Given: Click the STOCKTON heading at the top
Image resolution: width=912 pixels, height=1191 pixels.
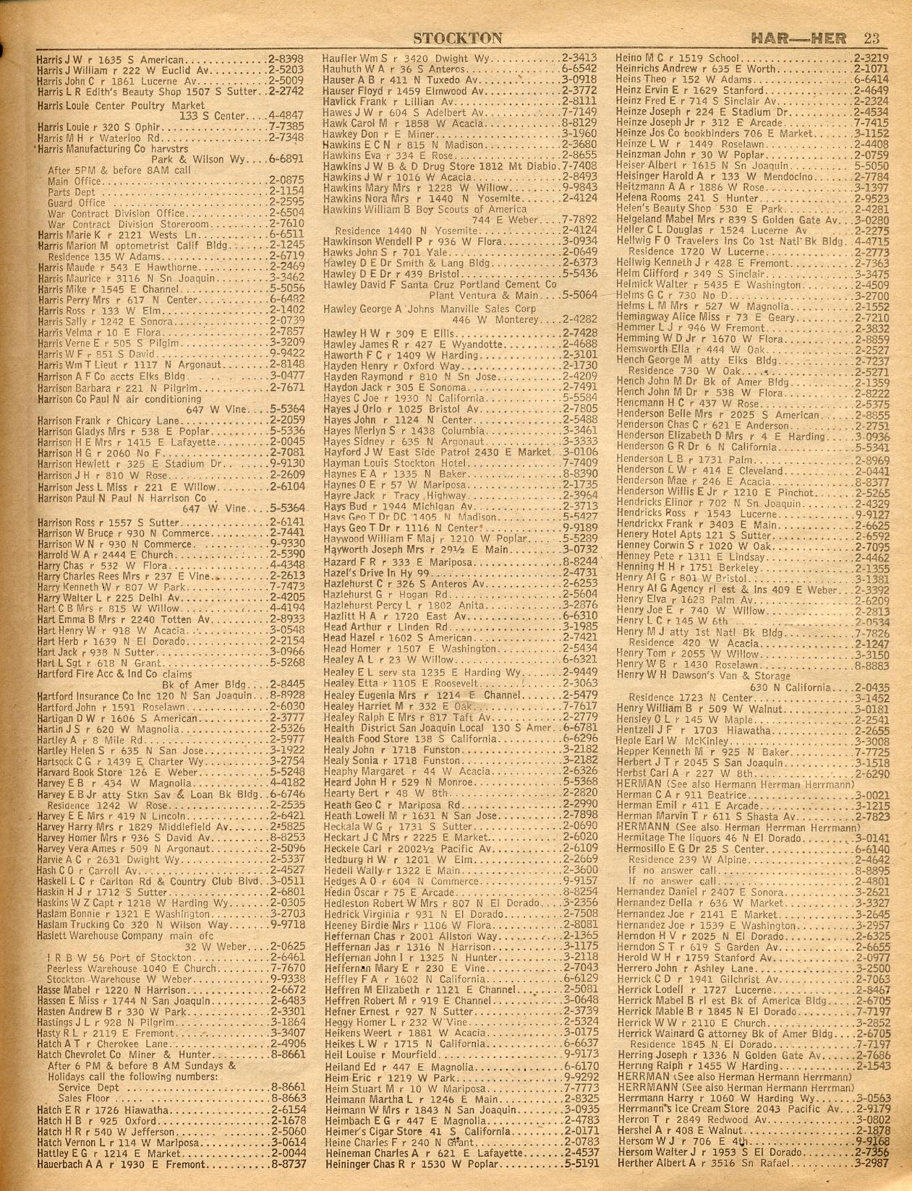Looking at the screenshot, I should coord(459,37).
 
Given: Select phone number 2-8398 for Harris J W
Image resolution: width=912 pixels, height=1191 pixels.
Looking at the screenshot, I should coord(285,59).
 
